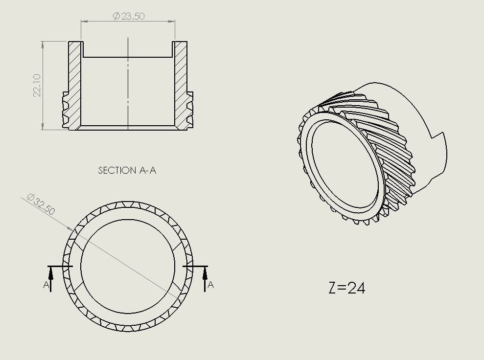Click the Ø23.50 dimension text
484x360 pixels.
[129, 16]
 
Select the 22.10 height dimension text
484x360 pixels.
[37, 86]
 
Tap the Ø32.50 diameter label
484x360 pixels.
[41, 204]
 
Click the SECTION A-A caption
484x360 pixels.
[127, 170]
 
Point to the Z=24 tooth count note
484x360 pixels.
[347, 288]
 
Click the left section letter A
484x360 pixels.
[46, 284]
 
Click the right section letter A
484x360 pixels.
[210, 284]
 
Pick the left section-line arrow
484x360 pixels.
[51, 279]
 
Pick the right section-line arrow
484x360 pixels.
[205, 279]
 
